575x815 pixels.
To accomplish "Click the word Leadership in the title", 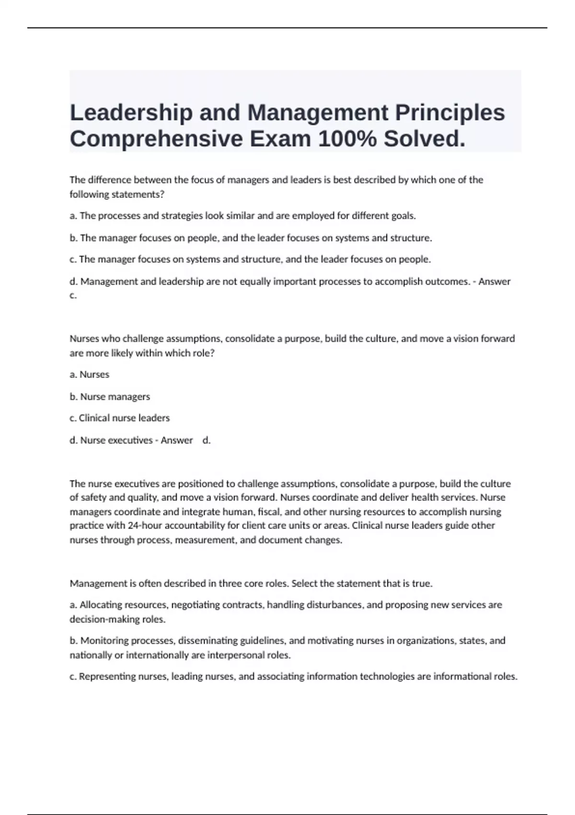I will click(x=131, y=113).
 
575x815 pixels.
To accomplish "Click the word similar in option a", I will click(x=239, y=216).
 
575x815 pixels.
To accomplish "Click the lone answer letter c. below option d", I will click(x=73, y=295).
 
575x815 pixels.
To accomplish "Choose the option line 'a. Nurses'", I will click(x=90, y=374).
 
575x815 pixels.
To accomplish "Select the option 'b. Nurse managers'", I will click(x=110, y=396).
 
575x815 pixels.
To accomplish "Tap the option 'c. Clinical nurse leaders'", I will click(x=119, y=418).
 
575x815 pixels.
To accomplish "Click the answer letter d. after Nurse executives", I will click(x=207, y=440).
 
